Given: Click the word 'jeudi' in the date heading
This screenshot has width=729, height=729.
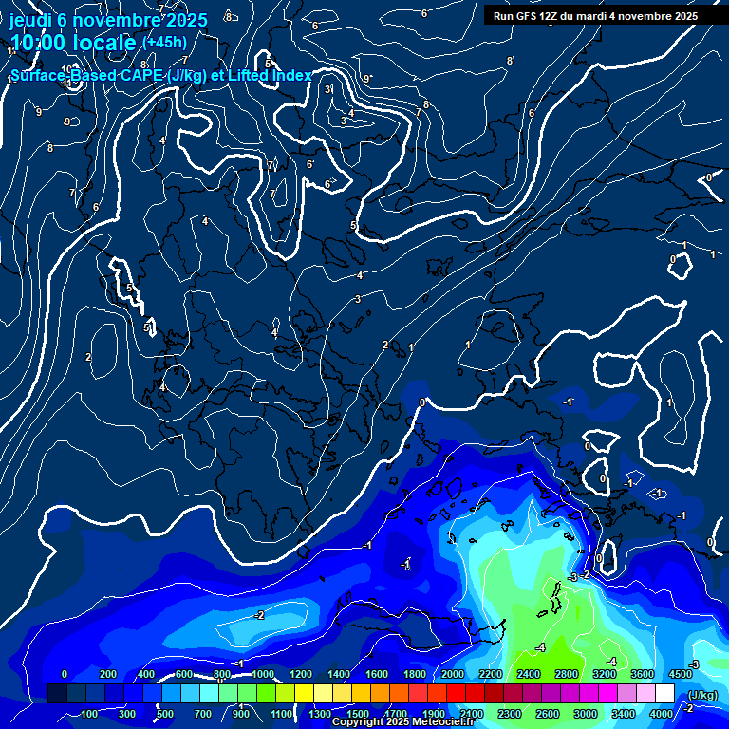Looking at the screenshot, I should point(29,20).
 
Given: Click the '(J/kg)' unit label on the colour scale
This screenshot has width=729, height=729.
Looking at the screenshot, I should point(701,696).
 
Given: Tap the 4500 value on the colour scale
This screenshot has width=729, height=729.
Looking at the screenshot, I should point(681,674).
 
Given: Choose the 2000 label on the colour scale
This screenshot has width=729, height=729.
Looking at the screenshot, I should point(453,674).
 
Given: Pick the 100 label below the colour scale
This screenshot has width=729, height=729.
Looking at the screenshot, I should point(89,714).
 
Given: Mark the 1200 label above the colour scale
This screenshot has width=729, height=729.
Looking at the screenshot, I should point(300,674).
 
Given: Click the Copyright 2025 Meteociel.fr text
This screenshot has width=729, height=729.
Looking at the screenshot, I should point(402,722).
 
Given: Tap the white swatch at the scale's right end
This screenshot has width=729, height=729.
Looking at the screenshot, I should point(664,694).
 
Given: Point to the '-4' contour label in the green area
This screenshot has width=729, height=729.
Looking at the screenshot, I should point(540,647).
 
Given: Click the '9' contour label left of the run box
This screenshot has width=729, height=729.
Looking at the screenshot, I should point(366,79).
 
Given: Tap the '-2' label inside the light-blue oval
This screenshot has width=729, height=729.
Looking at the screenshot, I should point(258,615).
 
